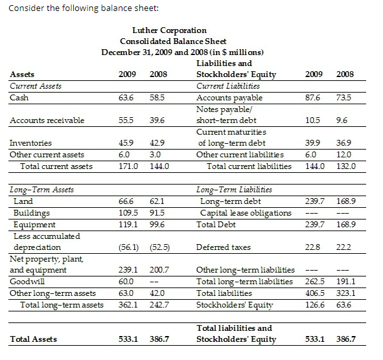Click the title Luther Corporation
pyautogui.click(x=169, y=30)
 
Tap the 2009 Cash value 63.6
pyautogui.click(x=126, y=98)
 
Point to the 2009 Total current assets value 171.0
pyautogui.click(x=126, y=166)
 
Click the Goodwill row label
pyautogui.click(x=25, y=282)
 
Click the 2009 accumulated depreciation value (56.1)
pyautogui.click(x=128, y=247)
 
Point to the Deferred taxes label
pyautogui.click(x=221, y=247)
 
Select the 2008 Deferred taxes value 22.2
pyautogui.click(x=345, y=247)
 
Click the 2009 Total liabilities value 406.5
pyautogui.click(x=313, y=293)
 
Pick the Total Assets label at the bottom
pyautogui.click(x=34, y=339)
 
